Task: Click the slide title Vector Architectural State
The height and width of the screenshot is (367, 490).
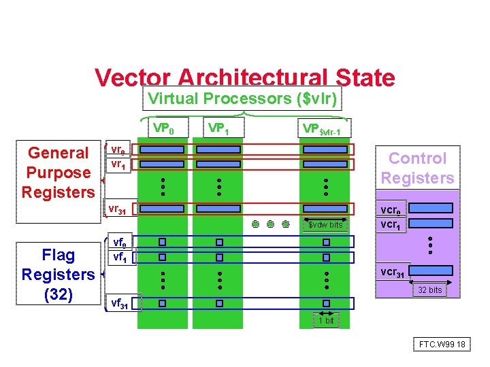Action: click(x=244, y=77)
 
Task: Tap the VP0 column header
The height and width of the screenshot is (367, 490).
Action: click(x=163, y=128)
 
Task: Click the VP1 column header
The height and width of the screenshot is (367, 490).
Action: click(x=218, y=128)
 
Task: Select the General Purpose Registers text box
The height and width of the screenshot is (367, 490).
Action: click(x=58, y=173)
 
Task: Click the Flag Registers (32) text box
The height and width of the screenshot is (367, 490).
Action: click(x=58, y=275)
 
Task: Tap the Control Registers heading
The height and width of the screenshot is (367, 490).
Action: click(x=417, y=168)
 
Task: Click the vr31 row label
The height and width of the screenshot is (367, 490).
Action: click(x=117, y=209)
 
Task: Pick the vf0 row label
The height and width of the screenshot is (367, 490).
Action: click(x=118, y=241)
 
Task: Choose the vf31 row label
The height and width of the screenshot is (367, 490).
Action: click(x=120, y=303)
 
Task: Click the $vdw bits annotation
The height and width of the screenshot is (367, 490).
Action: click(x=325, y=225)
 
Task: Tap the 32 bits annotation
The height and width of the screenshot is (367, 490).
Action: click(x=430, y=290)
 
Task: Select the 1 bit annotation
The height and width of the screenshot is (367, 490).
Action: click(x=327, y=320)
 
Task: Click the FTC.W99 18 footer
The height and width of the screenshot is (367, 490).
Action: click(x=442, y=345)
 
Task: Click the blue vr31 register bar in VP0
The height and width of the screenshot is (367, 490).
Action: click(x=162, y=209)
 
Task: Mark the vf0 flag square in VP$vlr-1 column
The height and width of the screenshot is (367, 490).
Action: click(x=326, y=241)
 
